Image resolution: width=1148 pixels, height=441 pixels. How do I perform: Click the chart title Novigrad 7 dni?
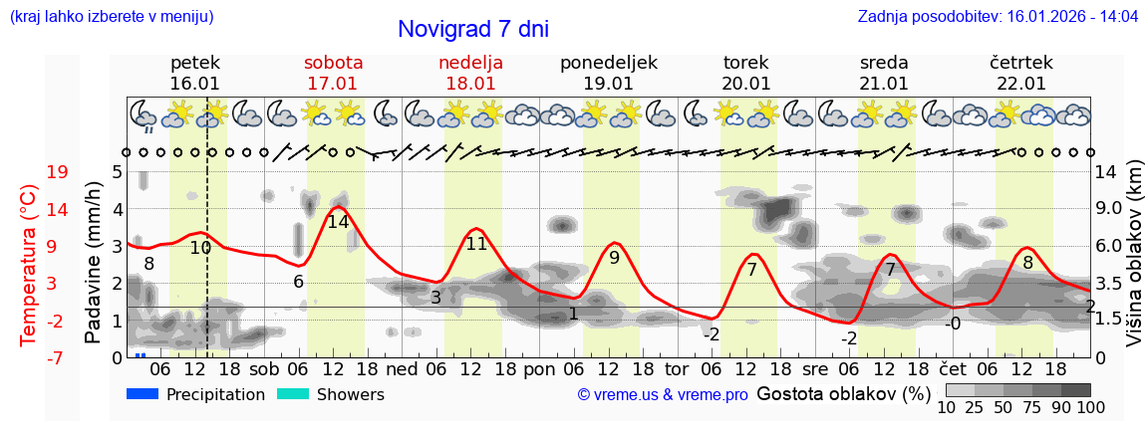pyautogui.click(x=472, y=30)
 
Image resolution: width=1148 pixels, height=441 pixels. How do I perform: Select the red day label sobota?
pyautogui.click(x=333, y=63)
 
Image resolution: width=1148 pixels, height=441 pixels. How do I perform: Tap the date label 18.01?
pyautogui.click(x=470, y=84)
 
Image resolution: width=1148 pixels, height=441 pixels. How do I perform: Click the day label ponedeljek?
pyautogui.click(x=608, y=63)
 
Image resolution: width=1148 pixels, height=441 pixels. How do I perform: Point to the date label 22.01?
pyautogui.click(x=1020, y=84)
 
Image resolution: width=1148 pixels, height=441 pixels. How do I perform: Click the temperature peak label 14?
pyautogui.click(x=338, y=222)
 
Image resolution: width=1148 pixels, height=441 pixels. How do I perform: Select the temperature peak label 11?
pyautogui.click(x=476, y=243)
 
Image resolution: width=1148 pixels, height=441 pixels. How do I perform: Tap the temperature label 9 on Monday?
pyautogui.click(x=614, y=258)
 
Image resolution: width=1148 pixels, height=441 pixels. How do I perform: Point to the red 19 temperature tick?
pyautogui.click(x=57, y=172)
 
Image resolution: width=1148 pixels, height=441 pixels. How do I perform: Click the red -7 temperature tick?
pyautogui.click(x=57, y=357)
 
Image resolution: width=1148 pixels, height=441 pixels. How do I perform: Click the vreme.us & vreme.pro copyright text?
pyautogui.click(x=663, y=395)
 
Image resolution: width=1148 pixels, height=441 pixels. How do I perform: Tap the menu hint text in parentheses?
pyautogui.click(x=111, y=17)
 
